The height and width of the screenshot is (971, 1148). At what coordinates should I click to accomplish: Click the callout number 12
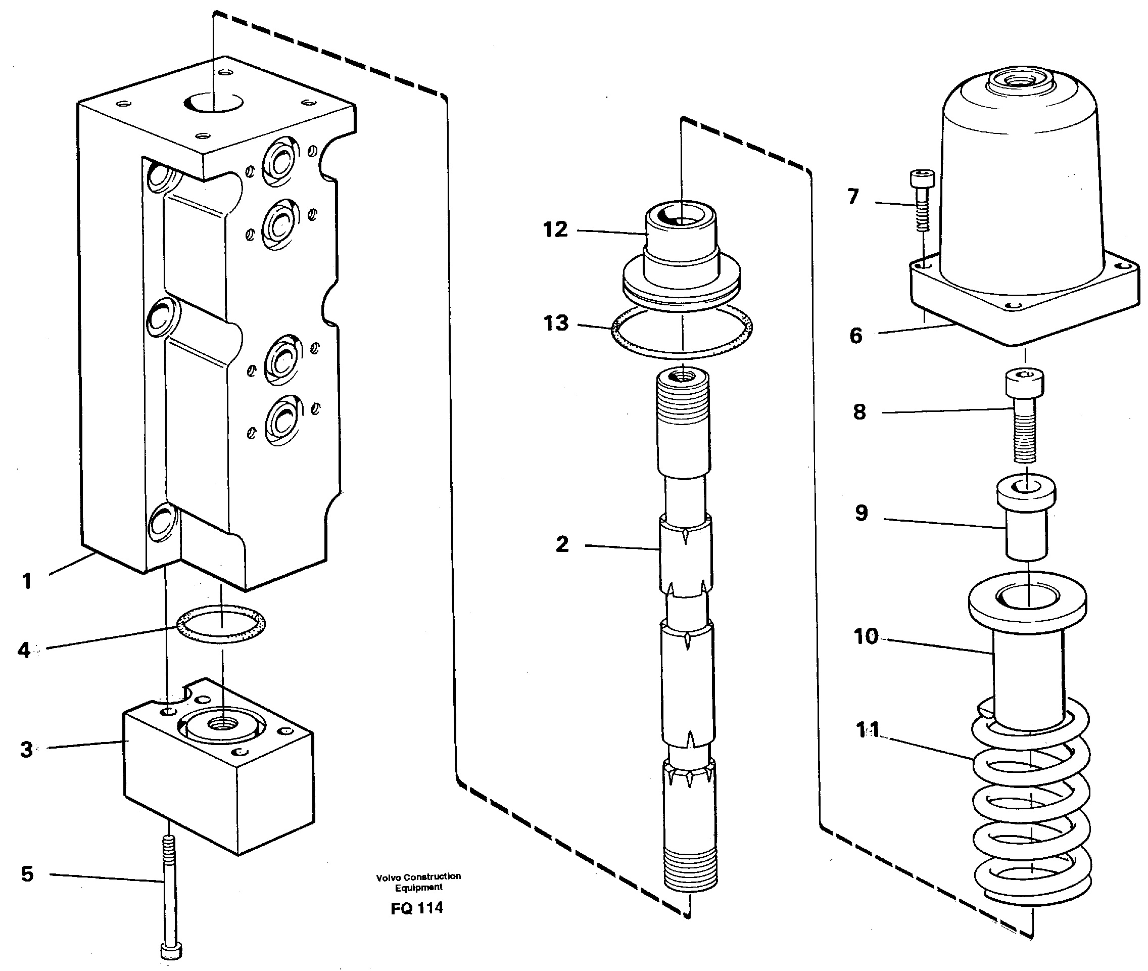tap(555, 229)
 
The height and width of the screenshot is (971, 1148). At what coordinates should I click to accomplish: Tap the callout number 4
tap(24, 650)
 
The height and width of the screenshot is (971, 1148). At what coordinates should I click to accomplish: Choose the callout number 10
tap(866, 637)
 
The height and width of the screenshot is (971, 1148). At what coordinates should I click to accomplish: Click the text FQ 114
tap(416, 908)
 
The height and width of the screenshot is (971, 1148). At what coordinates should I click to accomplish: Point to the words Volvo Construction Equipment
tap(418, 882)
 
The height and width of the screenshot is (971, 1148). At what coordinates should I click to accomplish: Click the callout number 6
tap(856, 335)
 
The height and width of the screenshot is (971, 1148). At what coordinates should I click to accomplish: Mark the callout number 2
tap(562, 544)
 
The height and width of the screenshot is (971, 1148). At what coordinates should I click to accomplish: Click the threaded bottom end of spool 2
tap(691, 869)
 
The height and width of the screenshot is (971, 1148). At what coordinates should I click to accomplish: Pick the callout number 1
tap(27, 581)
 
